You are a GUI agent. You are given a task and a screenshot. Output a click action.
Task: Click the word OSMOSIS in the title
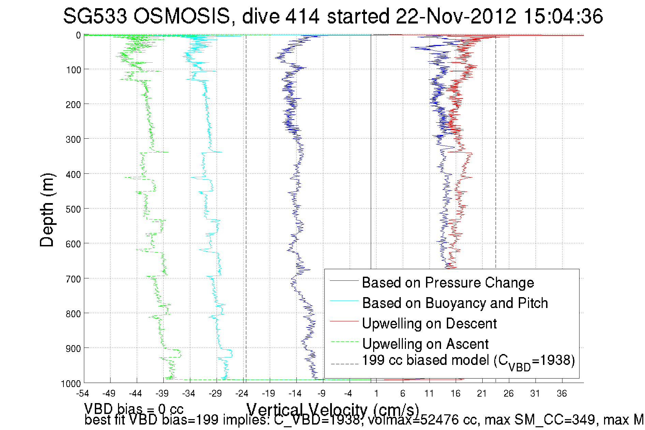pyautogui.click(x=181, y=16)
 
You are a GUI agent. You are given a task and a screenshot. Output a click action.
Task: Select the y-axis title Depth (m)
pyautogui.click(x=47, y=210)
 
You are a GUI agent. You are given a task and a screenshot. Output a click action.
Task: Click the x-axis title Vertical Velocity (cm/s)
pyautogui.click(x=332, y=410)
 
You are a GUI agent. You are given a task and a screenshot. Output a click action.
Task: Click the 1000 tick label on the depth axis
pyautogui.click(x=71, y=384)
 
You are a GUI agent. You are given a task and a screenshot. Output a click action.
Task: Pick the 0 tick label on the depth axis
pyautogui.click(x=78, y=35)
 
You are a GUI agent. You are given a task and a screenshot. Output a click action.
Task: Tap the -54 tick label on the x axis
pyautogui.click(x=83, y=394)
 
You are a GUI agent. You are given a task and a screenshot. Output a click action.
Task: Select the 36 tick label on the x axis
pyautogui.click(x=562, y=394)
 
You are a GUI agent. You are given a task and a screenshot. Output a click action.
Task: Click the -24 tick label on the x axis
pyautogui.click(x=242, y=394)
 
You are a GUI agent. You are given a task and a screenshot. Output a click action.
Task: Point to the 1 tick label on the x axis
pyautogui.click(x=376, y=394)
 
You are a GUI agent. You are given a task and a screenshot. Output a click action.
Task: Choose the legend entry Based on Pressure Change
pyautogui.click(x=448, y=282)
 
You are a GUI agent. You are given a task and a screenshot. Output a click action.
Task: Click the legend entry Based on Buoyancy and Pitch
pyautogui.click(x=455, y=303)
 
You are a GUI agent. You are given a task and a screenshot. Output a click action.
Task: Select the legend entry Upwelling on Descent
pyautogui.click(x=429, y=323)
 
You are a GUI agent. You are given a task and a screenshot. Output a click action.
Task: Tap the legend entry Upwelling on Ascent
pyautogui.click(x=425, y=344)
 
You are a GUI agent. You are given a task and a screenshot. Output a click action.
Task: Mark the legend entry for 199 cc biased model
pyautogui.click(x=468, y=361)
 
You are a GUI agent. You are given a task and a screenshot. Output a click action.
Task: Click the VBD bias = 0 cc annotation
pyautogui.click(x=134, y=409)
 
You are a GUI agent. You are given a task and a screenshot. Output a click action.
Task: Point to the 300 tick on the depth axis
pyautogui.click(x=73, y=139)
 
